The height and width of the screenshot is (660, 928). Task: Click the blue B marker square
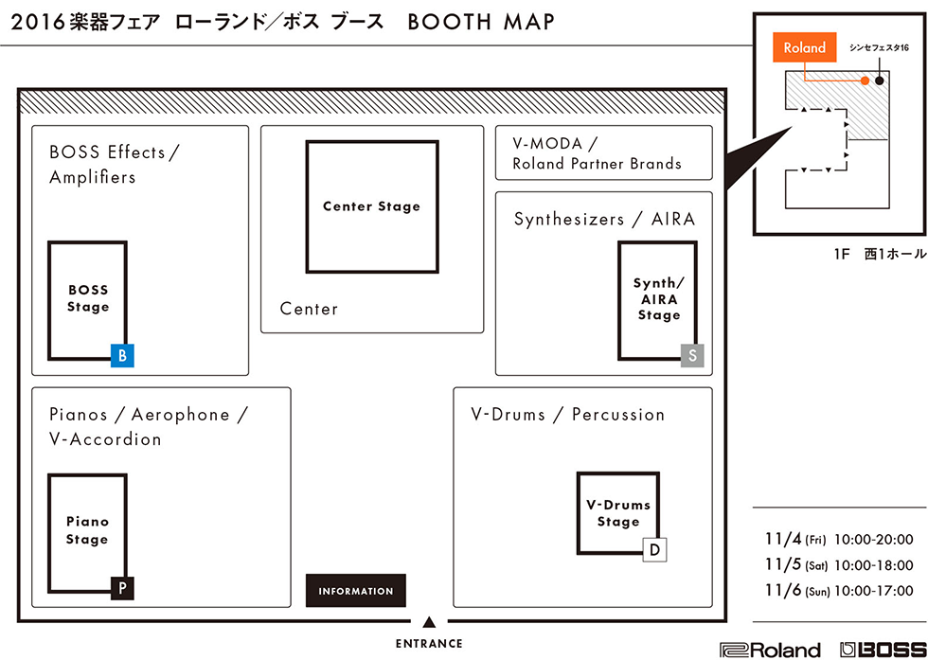click(x=122, y=356)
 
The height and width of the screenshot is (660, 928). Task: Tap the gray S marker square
click(x=692, y=356)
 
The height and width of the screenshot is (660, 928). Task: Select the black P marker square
click(x=122, y=588)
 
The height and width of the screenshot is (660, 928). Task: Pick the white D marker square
click(x=654, y=550)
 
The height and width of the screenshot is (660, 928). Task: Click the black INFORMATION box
click(x=356, y=591)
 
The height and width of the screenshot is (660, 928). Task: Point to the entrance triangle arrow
click(x=429, y=622)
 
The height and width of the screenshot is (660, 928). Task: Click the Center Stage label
click(x=371, y=206)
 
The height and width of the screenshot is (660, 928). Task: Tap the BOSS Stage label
click(x=88, y=298)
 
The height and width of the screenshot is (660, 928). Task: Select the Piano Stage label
click(x=87, y=530)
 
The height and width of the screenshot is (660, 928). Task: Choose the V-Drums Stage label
click(x=618, y=513)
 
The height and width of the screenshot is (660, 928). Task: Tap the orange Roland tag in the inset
click(x=804, y=48)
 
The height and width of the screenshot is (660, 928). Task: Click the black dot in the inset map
click(x=880, y=81)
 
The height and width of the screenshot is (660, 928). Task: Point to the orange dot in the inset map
click(x=865, y=81)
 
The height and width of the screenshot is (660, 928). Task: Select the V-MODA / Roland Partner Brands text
click(x=598, y=153)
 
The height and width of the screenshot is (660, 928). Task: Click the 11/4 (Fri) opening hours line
click(x=839, y=540)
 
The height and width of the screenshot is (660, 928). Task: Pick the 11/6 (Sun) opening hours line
click(x=839, y=591)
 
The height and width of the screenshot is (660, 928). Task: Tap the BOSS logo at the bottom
click(x=883, y=650)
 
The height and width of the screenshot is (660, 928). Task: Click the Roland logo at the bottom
click(x=770, y=650)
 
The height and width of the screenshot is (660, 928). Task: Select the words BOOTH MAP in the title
click(x=481, y=22)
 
